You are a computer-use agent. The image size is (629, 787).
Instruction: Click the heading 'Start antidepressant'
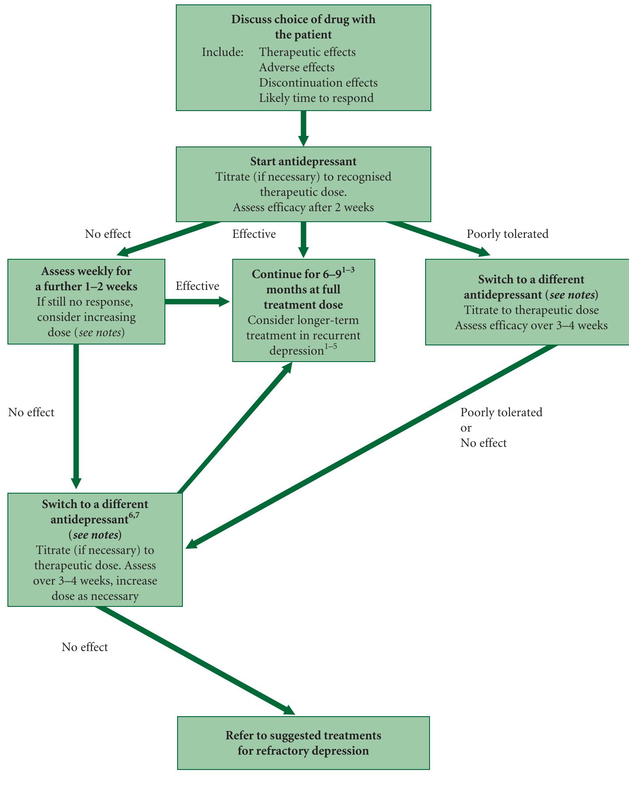pos(303,162)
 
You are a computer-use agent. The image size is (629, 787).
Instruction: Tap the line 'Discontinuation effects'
pos(318,83)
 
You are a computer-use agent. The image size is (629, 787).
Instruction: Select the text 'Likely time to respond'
pos(316,98)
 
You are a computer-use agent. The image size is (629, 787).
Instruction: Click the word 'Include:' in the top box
pos(222,52)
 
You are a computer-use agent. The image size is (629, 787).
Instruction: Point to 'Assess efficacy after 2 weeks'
pos(303,207)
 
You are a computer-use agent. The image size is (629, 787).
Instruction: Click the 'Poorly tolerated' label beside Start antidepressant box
pos(507,234)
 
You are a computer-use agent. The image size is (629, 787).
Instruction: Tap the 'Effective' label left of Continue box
pos(197,286)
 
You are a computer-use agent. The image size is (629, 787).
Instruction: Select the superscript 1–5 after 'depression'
pos(331,348)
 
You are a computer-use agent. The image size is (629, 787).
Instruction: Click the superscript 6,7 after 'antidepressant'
pos(134,516)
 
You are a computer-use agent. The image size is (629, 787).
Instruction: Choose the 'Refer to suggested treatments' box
pos(303,743)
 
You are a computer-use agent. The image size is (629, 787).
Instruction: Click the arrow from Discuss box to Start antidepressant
pos(303,128)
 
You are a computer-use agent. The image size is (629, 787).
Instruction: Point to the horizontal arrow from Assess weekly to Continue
pos(197,302)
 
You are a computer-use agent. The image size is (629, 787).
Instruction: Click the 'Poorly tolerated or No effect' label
pos(501,428)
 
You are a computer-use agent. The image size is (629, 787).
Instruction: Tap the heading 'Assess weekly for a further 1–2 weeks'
pos(86,279)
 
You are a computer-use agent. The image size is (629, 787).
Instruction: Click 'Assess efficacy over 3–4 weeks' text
pos(531,326)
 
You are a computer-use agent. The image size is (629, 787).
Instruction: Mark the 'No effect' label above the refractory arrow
pos(84,647)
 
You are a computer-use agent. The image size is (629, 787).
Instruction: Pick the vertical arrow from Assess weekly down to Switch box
pos(76,415)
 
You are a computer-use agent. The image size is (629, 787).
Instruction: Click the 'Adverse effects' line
pos(297,67)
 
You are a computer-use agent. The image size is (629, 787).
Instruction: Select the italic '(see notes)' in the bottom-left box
pos(95,535)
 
